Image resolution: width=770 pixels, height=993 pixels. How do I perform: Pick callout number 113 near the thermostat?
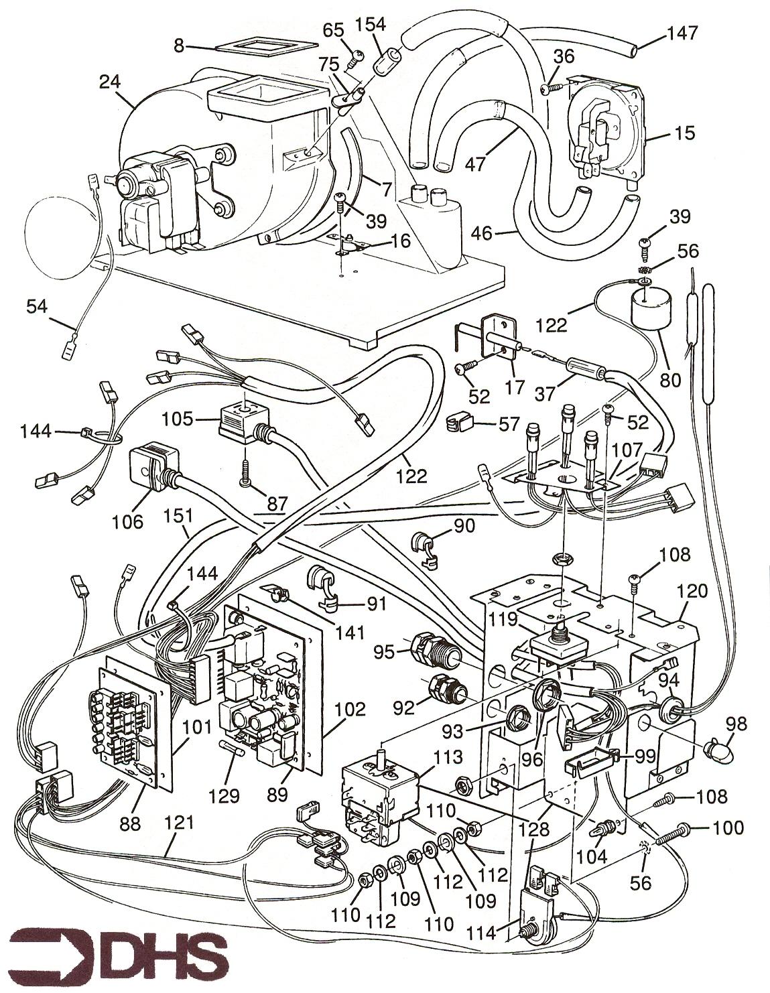point(448,757)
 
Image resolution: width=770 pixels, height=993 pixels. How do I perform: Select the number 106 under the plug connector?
point(128,521)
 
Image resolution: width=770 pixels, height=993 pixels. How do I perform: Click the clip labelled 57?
point(460,424)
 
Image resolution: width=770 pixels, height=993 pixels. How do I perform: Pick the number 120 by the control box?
point(692,591)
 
